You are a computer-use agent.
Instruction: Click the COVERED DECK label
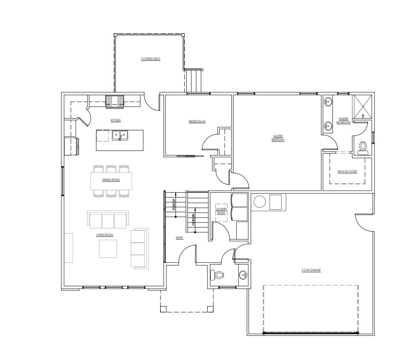150,59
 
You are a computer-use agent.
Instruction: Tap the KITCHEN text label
116,120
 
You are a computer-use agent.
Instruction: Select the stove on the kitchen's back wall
115,101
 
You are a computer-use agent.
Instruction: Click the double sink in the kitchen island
120,136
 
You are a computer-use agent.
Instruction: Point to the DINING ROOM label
111,180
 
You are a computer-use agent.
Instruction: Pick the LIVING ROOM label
105,235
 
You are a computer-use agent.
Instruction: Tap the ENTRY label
179,238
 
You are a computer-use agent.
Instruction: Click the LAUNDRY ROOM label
221,211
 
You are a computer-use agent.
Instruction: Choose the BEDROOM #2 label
197,121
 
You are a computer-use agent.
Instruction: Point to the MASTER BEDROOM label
278,138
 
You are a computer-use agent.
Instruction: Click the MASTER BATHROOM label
343,120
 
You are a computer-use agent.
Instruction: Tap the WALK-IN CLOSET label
347,171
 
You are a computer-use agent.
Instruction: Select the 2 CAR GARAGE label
311,270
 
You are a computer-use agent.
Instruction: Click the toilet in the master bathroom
363,148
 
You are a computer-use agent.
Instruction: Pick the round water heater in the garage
259,202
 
